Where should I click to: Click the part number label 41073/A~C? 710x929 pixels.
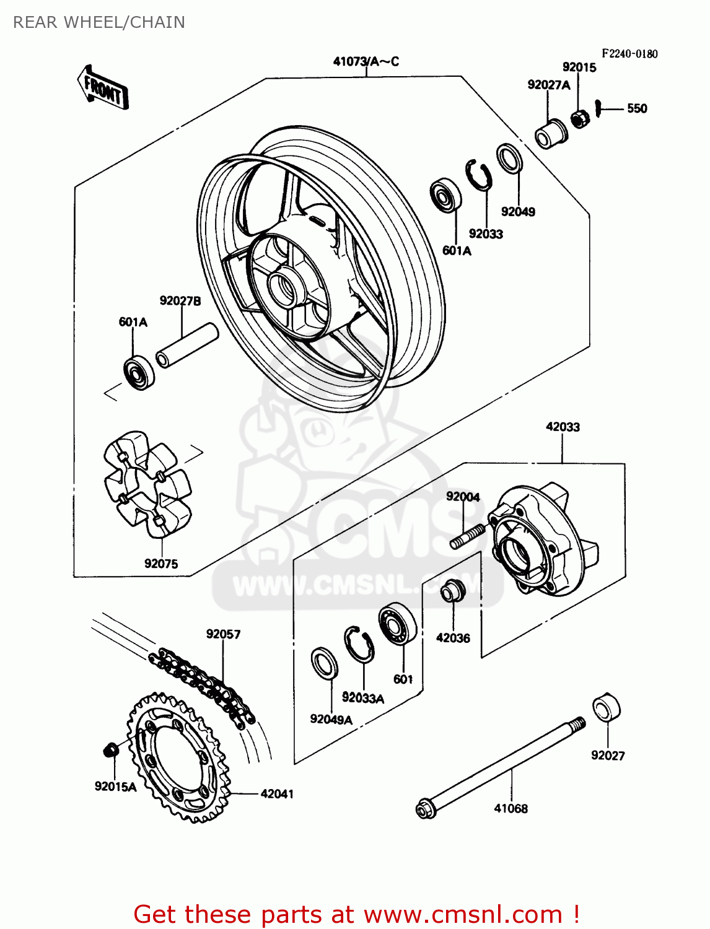tap(366, 61)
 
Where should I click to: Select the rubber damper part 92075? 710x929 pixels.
tap(147, 483)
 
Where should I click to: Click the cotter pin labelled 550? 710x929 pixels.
tap(598, 108)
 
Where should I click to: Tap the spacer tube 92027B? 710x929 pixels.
tap(186, 345)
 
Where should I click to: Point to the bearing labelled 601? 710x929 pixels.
tap(397, 623)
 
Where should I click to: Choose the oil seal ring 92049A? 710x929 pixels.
tap(324, 663)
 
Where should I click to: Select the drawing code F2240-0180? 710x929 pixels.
tap(629, 54)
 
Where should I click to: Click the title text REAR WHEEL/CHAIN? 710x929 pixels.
tap(99, 22)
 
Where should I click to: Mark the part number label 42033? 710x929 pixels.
tap(563, 427)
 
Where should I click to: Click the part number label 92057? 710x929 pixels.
tap(223, 634)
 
